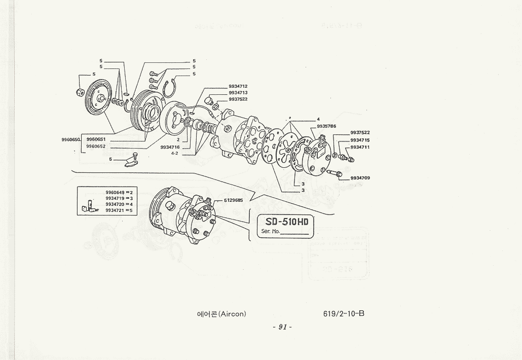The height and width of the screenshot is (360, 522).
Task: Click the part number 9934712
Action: click(238, 86)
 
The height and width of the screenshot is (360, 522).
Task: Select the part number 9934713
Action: click(238, 93)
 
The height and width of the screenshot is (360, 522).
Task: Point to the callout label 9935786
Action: click(326, 126)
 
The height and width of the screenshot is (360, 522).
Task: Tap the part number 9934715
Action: click(360, 140)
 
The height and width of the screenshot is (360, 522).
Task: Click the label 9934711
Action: click(360, 147)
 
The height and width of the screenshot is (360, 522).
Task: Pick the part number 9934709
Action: click(360, 178)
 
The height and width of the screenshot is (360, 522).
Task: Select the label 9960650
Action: click(70, 139)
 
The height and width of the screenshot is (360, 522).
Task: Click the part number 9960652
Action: click(96, 146)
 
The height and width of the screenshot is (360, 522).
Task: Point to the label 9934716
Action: click(170, 147)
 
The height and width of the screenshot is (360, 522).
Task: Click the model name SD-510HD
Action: click(286, 222)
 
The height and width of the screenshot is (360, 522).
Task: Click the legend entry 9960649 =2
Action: click(119, 193)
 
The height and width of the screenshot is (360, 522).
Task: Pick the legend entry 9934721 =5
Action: click(119, 210)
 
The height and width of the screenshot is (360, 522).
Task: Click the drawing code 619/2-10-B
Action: click(344, 313)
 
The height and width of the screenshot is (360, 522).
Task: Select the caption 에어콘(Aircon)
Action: click(221, 314)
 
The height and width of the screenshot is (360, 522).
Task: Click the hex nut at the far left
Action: click(80, 92)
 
